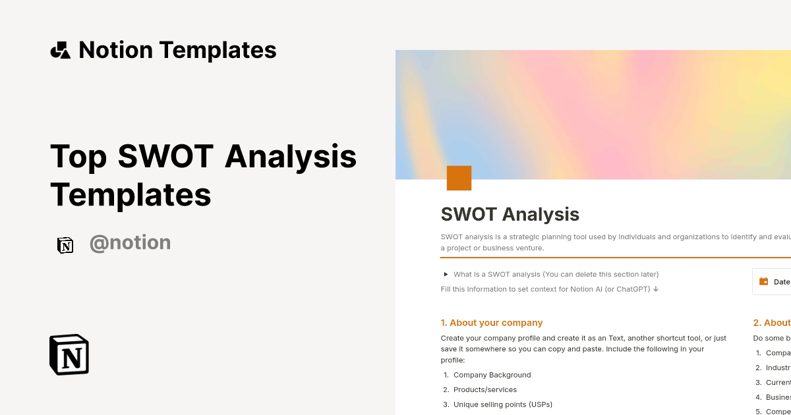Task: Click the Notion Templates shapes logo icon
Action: pos(60,50)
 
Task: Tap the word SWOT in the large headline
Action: pos(165,157)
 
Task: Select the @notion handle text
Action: pos(130,243)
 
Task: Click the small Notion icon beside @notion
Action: pos(65,245)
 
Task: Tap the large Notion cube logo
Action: pos(69,354)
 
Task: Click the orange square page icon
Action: pos(459,178)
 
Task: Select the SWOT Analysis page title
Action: pos(510,214)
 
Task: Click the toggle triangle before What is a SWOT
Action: pos(446,274)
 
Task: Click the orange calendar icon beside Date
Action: pos(764,281)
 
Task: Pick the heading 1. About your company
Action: pos(491,323)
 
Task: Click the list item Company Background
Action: pos(492,375)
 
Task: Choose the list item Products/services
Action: pos(484,389)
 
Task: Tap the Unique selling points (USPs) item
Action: pos(502,404)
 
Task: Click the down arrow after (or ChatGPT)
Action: pos(656,289)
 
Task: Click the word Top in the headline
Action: pos(78,157)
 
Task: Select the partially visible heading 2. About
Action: pos(771,323)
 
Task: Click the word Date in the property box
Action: pos(782,281)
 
